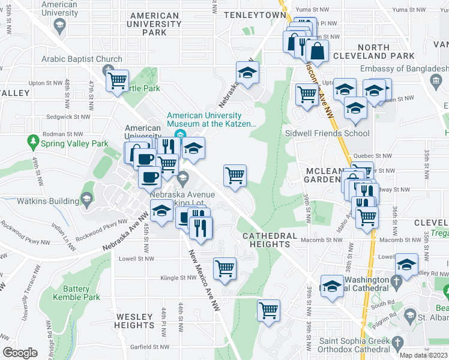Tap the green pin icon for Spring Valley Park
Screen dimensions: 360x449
[34, 143]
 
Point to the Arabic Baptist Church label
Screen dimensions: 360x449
[82, 59]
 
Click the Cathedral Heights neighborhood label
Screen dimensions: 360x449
[270, 240]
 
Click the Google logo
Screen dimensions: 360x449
[20, 353]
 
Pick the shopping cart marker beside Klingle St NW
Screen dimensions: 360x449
[224, 268]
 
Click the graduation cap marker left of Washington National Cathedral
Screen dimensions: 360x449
[331, 286]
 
